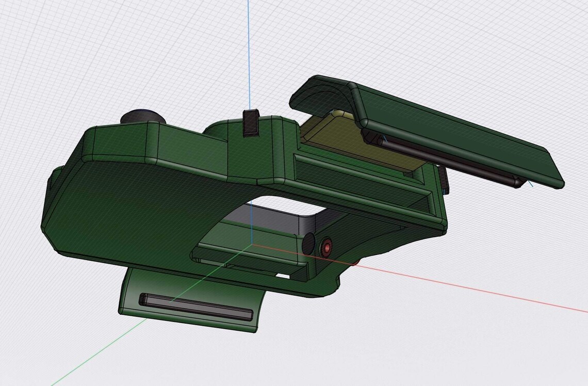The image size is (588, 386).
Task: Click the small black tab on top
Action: [251, 123]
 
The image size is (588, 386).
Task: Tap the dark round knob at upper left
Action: [143, 116]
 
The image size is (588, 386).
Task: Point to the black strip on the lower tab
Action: [196, 307]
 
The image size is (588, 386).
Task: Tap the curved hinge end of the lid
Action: [320, 95]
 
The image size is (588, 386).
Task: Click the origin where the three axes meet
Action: [251, 244]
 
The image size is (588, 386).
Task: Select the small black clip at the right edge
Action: [444, 178]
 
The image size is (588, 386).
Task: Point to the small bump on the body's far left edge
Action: [50, 181]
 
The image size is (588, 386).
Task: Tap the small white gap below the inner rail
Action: [283, 276]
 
